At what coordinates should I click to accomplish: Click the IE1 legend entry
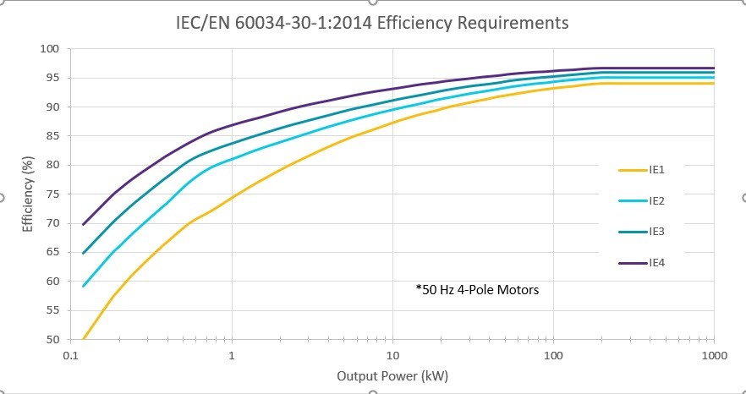655,170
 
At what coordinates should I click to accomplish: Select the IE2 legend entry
655,201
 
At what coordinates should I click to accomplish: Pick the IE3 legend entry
655,232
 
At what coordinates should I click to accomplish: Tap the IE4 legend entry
655,263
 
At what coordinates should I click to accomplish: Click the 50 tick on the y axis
52,339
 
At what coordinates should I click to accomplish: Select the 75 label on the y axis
52,194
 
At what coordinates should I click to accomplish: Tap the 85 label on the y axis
52,136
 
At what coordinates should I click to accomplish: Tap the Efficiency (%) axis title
27,194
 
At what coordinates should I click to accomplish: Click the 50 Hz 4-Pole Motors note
477,290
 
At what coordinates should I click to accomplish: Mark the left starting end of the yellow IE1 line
83,338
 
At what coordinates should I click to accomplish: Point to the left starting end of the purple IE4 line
83,225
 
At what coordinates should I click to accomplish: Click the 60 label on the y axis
52,281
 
